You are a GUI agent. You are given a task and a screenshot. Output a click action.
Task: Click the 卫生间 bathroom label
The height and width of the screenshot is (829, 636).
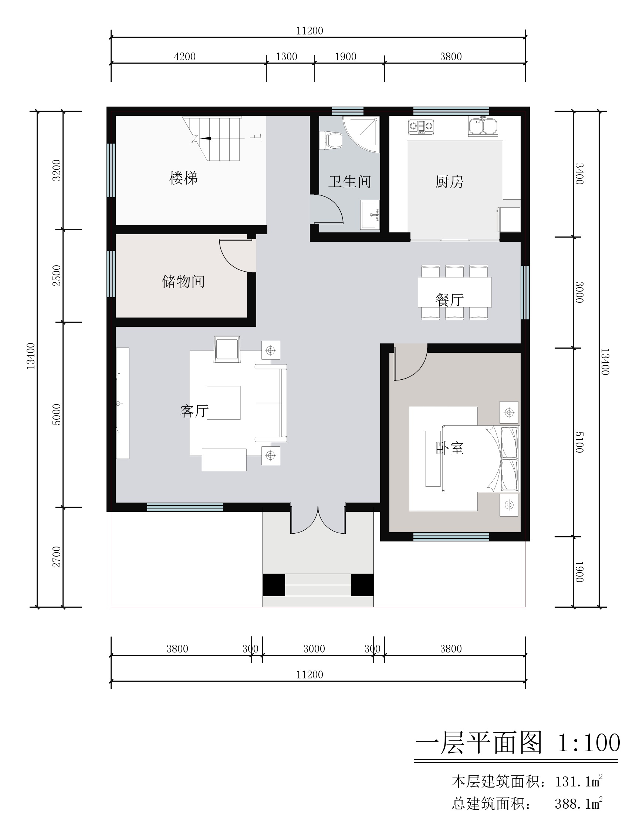pyautogui.click(x=349, y=181)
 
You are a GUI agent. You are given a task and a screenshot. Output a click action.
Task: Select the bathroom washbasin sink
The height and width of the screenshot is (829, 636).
pyautogui.click(x=370, y=215)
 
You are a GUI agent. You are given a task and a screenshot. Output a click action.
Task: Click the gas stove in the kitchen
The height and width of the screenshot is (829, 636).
pyautogui.click(x=420, y=127)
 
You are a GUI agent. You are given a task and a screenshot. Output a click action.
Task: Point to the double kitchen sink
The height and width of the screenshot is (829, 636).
pyautogui.click(x=483, y=126)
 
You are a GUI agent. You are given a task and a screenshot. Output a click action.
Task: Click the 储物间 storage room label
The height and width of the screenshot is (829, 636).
pyautogui.click(x=183, y=282)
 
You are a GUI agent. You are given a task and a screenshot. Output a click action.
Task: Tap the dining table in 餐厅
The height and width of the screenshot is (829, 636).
pyautogui.click(x=455, y=292)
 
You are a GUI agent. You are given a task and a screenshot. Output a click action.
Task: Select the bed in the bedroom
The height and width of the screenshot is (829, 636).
pyautogui.click(x=481, y=459)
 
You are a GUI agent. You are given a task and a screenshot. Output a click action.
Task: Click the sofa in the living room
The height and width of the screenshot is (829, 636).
pyautogui.click(x=271, y=403)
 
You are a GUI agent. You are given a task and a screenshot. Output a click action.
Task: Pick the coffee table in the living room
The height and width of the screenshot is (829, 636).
pyautogui.click(x=223, y=403)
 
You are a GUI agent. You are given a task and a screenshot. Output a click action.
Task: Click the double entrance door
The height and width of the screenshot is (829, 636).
pyautogui.click(x=318, y=520)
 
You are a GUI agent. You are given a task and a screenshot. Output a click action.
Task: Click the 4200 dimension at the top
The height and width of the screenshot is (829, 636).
pyautogui.click(x=185, y=57)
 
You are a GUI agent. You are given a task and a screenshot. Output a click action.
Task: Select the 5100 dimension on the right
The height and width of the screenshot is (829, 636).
pyautogui.click(x=579, y=442)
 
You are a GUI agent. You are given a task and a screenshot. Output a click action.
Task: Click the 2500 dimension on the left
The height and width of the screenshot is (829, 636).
pyautogui.click(x=57, y=275)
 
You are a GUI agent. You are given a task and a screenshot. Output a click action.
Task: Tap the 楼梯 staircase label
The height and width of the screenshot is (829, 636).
pyautogui.click(x=183, y=178)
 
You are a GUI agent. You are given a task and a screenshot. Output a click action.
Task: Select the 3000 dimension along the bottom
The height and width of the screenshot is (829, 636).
pyautogui.click(x=314, y=649)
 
